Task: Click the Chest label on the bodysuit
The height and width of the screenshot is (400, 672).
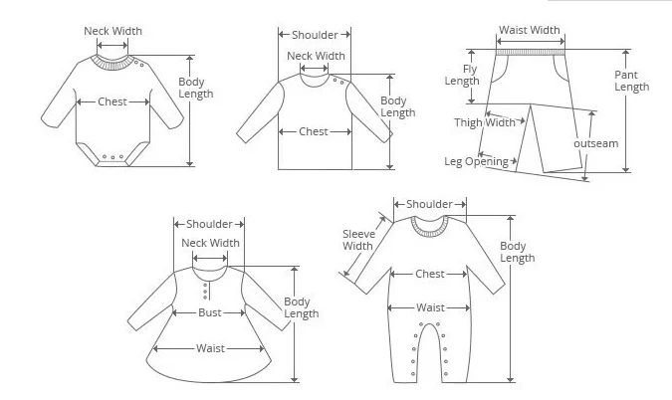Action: (112, 101)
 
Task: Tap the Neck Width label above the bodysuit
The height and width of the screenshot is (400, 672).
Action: (112, 31)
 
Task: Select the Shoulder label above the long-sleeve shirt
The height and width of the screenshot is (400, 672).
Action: (315, 35)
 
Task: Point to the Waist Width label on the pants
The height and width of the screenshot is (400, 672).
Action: (530, 30)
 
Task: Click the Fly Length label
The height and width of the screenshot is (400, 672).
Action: (462, 75)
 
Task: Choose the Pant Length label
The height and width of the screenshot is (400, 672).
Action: (632, 81)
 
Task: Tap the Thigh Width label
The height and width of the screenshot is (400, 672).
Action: (485, 122)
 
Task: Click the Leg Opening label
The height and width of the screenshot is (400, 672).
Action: (476, 161)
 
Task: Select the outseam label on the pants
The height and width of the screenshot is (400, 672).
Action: (596, 143)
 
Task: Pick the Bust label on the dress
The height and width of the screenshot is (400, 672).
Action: (210, 312)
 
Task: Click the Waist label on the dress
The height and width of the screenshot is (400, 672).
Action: (210, 348)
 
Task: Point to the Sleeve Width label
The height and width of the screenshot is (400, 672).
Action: (358, 240)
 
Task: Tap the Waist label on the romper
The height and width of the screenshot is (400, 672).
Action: (430, 307)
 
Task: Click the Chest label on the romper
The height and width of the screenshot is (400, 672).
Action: (430, 274)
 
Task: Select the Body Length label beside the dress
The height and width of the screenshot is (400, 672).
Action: (302, 307)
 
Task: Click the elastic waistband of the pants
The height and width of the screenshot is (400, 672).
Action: (531, 53)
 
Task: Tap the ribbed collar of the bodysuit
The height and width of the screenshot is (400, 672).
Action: (112, 65)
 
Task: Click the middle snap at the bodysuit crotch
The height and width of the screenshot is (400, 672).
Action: (112, 157)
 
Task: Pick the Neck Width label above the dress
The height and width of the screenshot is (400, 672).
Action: (210, 243)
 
